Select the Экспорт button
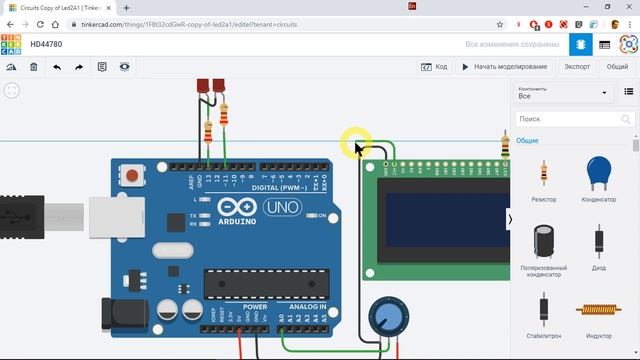point(576,67)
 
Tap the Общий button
point(617,67)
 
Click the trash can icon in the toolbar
point(33,67)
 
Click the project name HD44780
point(46,44)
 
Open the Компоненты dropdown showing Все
point(563,93)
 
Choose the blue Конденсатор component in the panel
point(599,176)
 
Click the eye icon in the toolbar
point(125,67)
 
